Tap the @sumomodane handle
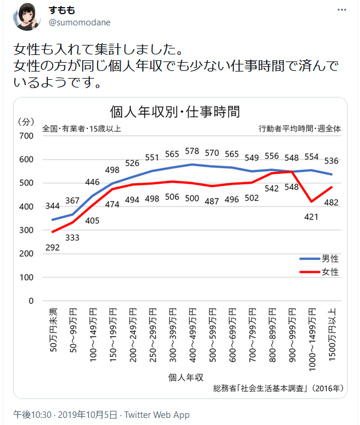(79, 22)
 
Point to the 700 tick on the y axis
(26, 136)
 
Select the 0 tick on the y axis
(31, 301)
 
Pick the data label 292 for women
(53, 247)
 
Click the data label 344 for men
(53, 206)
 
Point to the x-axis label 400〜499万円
(192, 335)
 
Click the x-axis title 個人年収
(186, 377)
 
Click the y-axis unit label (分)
(27, 121)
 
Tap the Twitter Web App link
(157, 415)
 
